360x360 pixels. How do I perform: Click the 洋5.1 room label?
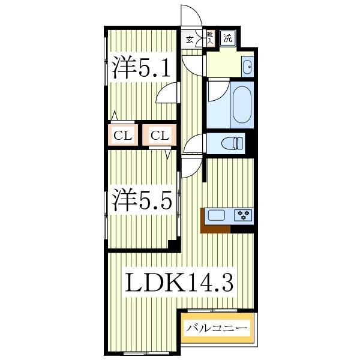142,67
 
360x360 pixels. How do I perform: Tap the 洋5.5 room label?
142,199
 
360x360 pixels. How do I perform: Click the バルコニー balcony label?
216,329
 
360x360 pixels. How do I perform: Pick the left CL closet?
122,135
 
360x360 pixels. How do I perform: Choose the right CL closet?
159,135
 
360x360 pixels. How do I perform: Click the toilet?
231,143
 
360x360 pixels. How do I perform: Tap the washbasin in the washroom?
248,66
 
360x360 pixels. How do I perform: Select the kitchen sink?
216,214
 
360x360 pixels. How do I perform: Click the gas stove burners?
244,214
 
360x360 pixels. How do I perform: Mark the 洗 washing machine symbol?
227,38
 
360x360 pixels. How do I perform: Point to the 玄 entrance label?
190,40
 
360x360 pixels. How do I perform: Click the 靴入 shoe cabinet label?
210,38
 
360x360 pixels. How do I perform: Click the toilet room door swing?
195,144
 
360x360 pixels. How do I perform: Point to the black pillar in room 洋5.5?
173,245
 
